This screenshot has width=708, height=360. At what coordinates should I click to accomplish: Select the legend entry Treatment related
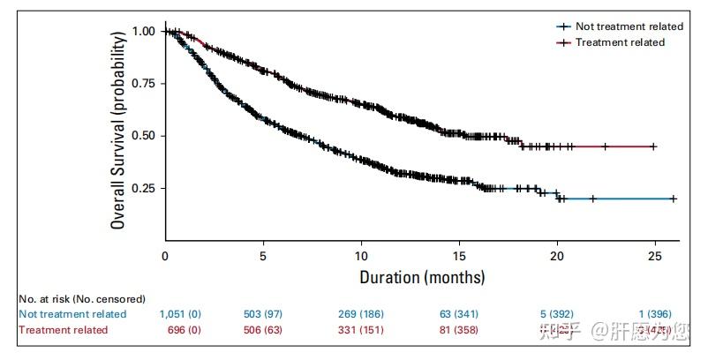[620, 42]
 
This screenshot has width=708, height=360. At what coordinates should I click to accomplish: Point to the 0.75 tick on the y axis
[144, 83]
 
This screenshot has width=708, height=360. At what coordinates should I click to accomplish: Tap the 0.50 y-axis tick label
[144, 136]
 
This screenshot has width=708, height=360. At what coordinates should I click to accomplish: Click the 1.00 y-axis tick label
[144, 31]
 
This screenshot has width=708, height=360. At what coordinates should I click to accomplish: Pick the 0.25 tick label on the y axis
[144, 189]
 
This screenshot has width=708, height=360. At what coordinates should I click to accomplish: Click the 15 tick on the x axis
[459, 256]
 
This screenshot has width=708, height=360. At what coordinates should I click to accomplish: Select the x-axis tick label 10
[361, 256]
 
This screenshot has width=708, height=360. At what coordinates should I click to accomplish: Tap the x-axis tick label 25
[654, 256]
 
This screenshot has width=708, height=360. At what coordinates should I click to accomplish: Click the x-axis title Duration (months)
[422, 277]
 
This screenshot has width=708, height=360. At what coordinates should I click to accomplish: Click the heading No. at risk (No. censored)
[81, 299]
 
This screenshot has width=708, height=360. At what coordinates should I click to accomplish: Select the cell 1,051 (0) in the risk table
[184, 314]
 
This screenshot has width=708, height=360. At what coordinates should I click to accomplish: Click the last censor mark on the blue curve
[674, 199]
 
